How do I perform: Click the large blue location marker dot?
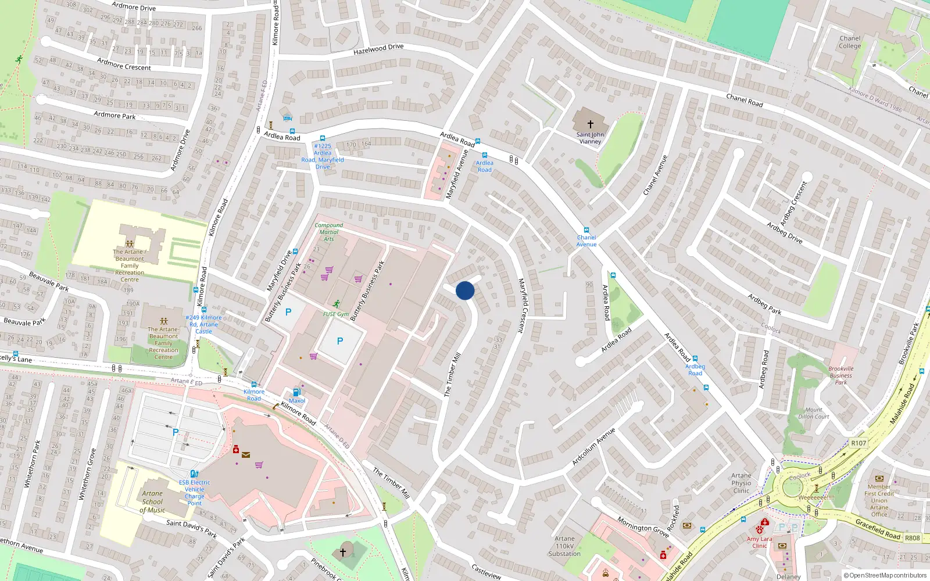tap(465, 290)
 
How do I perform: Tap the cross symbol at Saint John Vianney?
tap(590, 124)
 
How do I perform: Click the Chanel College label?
tap(850, 42)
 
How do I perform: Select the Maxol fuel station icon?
tap(296, 392)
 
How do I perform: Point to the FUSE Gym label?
tap(336, 314)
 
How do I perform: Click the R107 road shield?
tap(859, 443)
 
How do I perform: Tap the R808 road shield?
tap(912, 538)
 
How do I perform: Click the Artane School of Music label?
tap(152, 502)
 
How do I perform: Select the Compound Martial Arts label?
tap(329, 232)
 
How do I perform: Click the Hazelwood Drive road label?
tap(378, 50)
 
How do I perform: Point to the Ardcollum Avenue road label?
tap(593, 447)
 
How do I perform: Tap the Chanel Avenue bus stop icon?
tap(586, 230)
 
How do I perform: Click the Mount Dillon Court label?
tap(814, 413)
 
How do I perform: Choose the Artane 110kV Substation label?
tap(564, 546)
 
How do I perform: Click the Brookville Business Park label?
tap(841, 375)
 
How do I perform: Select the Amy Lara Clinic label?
tap(760, 542)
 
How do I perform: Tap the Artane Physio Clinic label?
tap(741, 483)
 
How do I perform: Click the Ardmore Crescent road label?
tap(124, 64)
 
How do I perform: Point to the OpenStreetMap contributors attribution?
tap(885, 575)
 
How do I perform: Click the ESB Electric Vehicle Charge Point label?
tap(195, 493)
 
